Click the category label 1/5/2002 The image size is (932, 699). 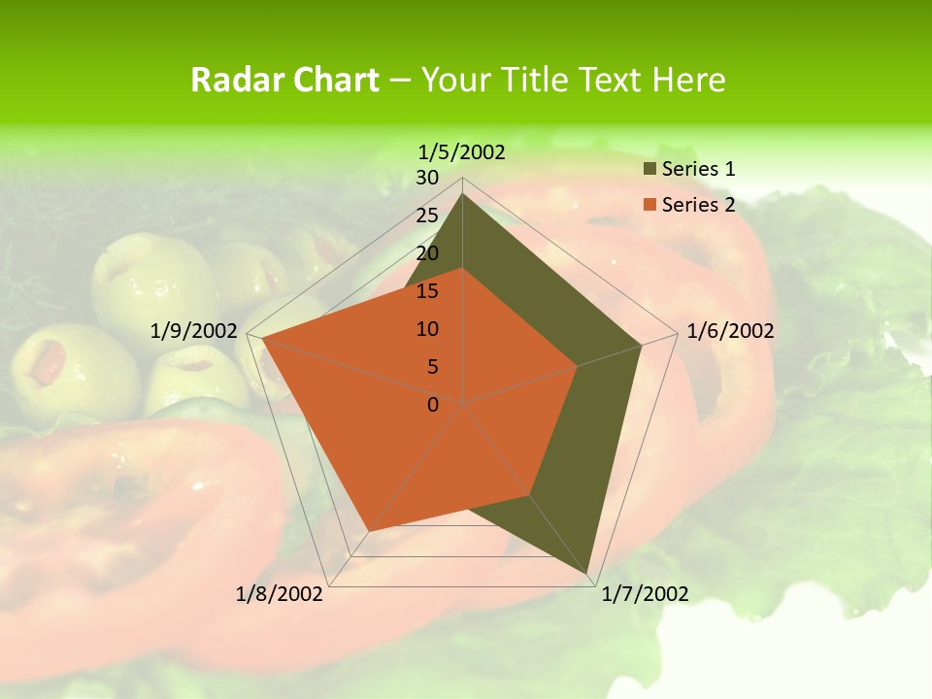pos(462,152)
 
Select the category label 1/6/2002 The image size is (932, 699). pos(730,331)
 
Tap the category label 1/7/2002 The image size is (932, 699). pos(645,594)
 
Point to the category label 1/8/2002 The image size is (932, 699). pos(280,594)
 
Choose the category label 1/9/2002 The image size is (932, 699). pos(194,331)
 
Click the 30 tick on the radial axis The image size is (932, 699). pos(427,178)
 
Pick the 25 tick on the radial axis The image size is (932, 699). pos(427,216)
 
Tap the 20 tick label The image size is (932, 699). pos(427,253)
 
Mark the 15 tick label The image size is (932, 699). pos(427,291)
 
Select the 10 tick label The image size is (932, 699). pos(427,329)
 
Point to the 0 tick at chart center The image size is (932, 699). pos(433,405)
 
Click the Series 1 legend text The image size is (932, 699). pos(698,169)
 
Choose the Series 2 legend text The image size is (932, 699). pos(698,205)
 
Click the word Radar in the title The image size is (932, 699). pos(233,80)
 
